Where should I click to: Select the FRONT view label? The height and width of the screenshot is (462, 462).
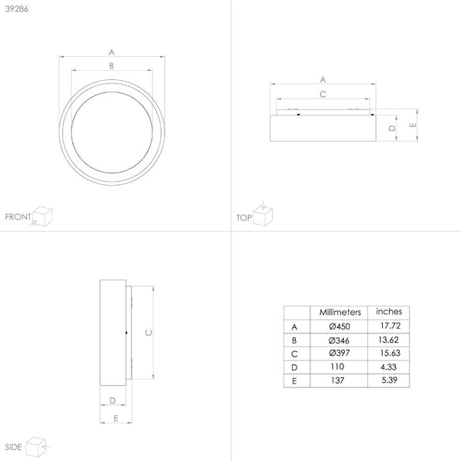[18, 218]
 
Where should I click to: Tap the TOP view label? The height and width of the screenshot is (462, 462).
[244, 218]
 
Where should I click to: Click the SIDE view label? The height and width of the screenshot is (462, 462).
[13, 446]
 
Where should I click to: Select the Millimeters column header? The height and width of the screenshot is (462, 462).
[340, 312]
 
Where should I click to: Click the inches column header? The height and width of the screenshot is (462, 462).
[388, 312]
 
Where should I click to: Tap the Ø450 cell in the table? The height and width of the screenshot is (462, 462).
[340, 326]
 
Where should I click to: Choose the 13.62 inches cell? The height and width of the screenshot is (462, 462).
[388, 340]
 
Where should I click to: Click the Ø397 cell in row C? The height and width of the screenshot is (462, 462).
[340, 353]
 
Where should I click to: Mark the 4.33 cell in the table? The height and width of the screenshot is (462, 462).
[388, 367]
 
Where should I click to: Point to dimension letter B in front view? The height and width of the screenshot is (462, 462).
[112, 66]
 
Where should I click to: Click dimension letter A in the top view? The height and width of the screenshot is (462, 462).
[323, 79]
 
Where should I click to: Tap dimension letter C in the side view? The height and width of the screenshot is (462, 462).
[147, 333]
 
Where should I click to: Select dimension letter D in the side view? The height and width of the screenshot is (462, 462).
[112, 400]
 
